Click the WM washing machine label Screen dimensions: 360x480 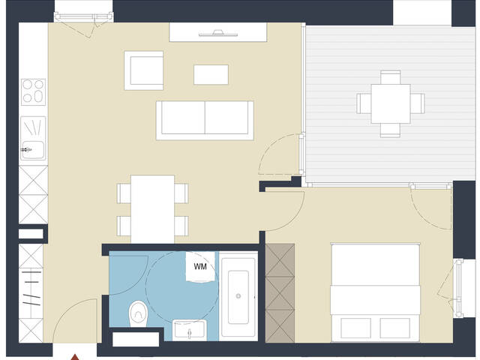(200, 266)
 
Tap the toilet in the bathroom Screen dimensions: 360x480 (139, 312)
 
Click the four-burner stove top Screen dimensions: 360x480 (33, 91)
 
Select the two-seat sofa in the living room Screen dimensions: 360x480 (204, 118)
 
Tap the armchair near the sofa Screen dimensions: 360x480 (144, 70)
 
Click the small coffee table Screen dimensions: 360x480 (211, 74)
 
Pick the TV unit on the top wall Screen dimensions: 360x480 (217, 32)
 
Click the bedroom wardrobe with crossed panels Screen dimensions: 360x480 (281, 288)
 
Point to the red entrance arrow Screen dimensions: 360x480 (75, 355)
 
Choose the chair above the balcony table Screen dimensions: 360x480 (390, 77)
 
